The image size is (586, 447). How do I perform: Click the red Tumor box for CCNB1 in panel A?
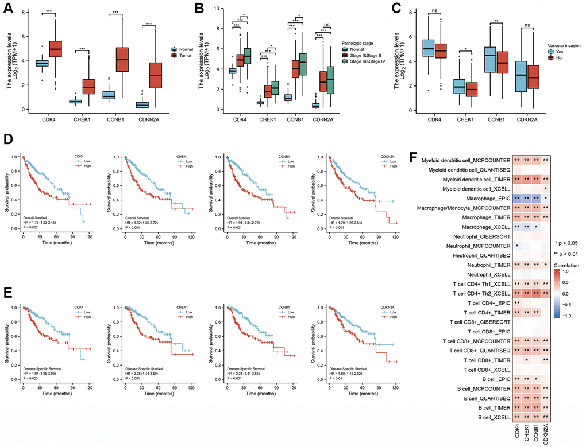click(x=124, y=59)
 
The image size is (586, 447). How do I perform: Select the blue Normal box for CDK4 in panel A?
click(x=41, y=63)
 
